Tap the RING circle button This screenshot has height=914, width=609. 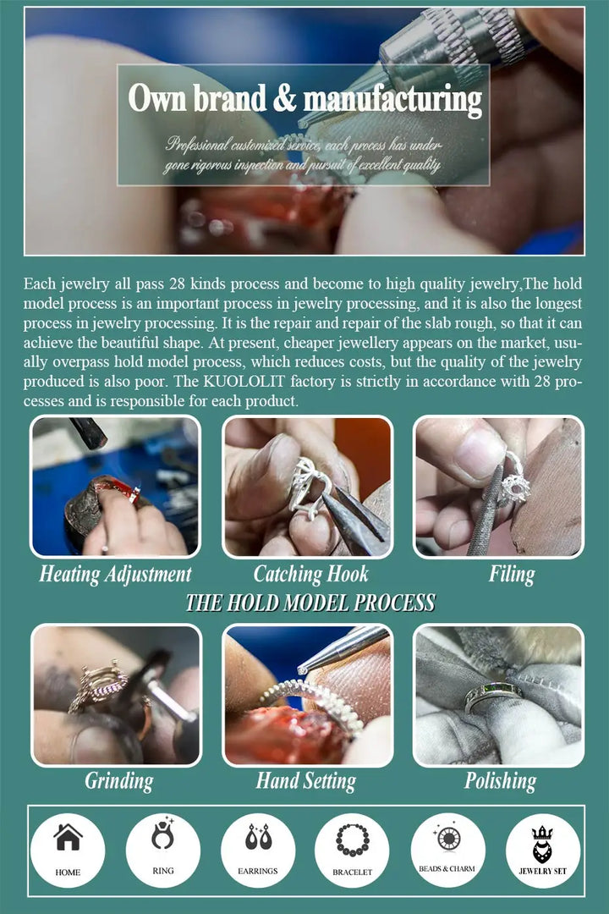coord(163,851)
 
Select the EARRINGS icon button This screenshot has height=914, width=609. coord(258,851)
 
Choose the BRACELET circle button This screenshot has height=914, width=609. coord(352,851)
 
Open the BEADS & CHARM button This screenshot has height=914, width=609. coord(447,851)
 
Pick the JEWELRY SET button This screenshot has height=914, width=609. coord(542,851)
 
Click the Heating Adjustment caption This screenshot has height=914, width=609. coord(115,575)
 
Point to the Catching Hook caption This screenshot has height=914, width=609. coord(310,575)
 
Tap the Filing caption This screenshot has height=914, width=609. coord(512,575)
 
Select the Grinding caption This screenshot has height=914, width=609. coord(119,781)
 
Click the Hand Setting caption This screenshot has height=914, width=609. coord(306,781)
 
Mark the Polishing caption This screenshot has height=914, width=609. coord(500,781)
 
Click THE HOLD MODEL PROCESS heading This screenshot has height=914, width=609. coord(310,603)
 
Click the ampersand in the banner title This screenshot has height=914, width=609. coord(284,98)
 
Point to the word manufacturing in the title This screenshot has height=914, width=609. coord(392,99)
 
